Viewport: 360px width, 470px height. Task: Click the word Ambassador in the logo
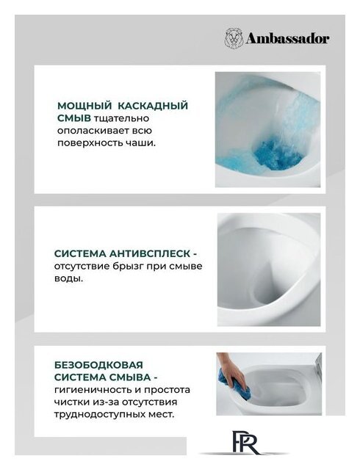click(287, 39)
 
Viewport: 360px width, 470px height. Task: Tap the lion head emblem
click(234, 38)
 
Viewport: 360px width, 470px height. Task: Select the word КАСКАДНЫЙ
click(152, 106)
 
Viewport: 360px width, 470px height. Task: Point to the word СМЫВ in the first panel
click(74, 118)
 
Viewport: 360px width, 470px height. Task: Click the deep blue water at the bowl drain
click(276, 154)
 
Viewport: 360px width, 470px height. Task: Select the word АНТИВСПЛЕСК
click(149, 253)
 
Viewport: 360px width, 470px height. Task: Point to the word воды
click(68, 278)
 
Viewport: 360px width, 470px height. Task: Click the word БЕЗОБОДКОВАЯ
click(98, 365)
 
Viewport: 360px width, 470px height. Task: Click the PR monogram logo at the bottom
click(245, 442)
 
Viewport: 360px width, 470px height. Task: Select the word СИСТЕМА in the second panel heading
click(80, 253)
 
